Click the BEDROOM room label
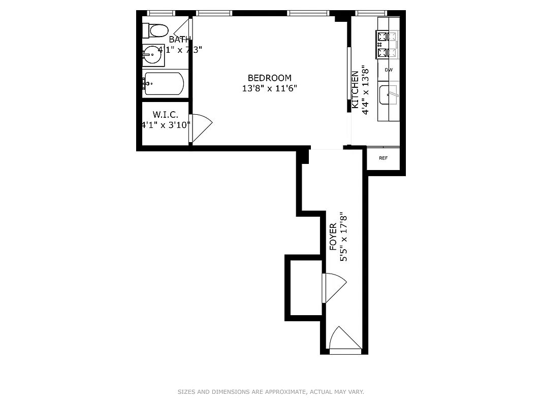click(269, 78)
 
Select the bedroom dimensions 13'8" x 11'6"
click(269, 88)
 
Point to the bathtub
click(164, 84)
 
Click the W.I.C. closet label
click(165, 115)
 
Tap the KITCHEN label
click(355, 91)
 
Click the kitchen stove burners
click(387, 44)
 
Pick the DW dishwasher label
click(389, 70)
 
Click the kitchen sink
click(389, 95)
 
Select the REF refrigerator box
click(384, 158)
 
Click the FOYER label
click(333, 237)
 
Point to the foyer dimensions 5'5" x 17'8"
click(344, 237)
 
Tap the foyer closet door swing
click(333, 287)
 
